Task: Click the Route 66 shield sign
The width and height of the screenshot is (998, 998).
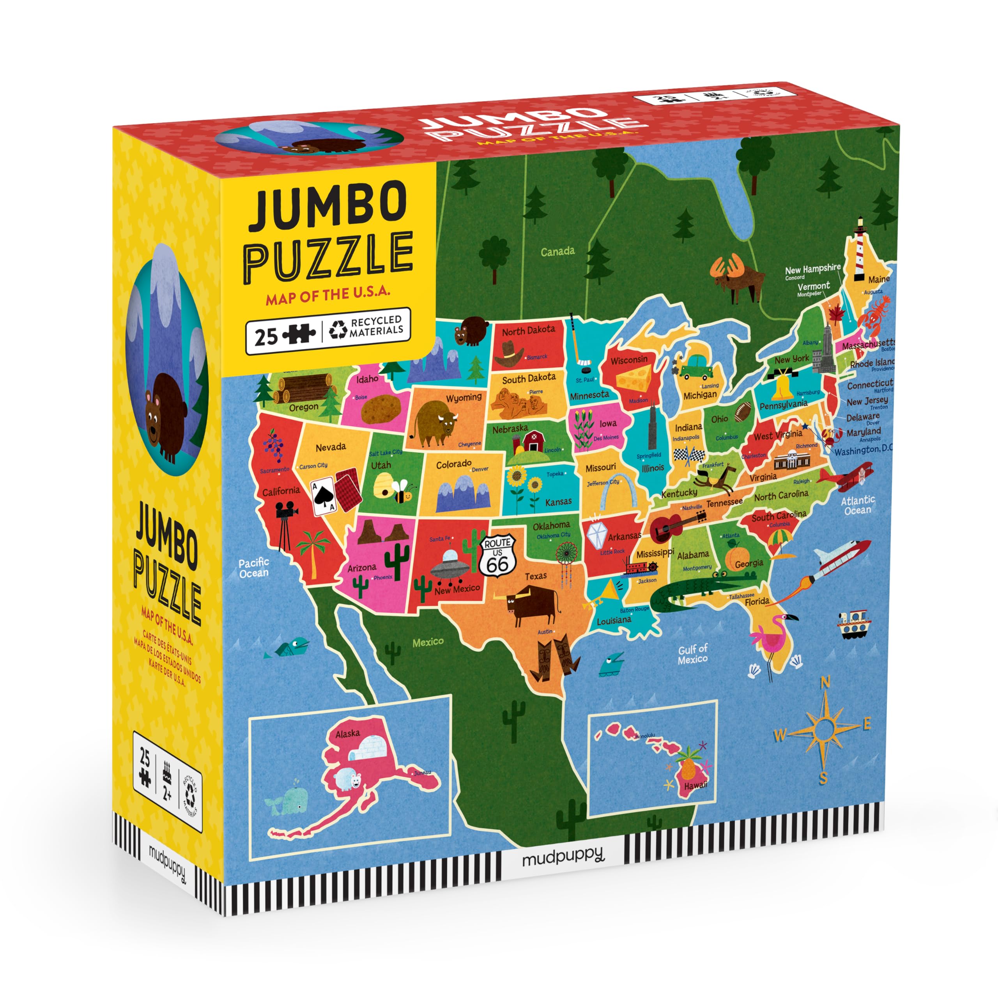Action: point(497,555)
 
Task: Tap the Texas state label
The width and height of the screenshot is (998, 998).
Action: point(536,576)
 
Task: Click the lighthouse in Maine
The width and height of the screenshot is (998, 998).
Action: point(860,248)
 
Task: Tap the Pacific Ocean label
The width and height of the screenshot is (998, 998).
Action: point(254,568)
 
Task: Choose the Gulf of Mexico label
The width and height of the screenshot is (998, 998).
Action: point(693,654)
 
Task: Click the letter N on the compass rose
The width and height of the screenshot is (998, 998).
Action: point(825,683)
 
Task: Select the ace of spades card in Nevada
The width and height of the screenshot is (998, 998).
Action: point(325,497)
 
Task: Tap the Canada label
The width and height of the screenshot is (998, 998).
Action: point(557,251)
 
